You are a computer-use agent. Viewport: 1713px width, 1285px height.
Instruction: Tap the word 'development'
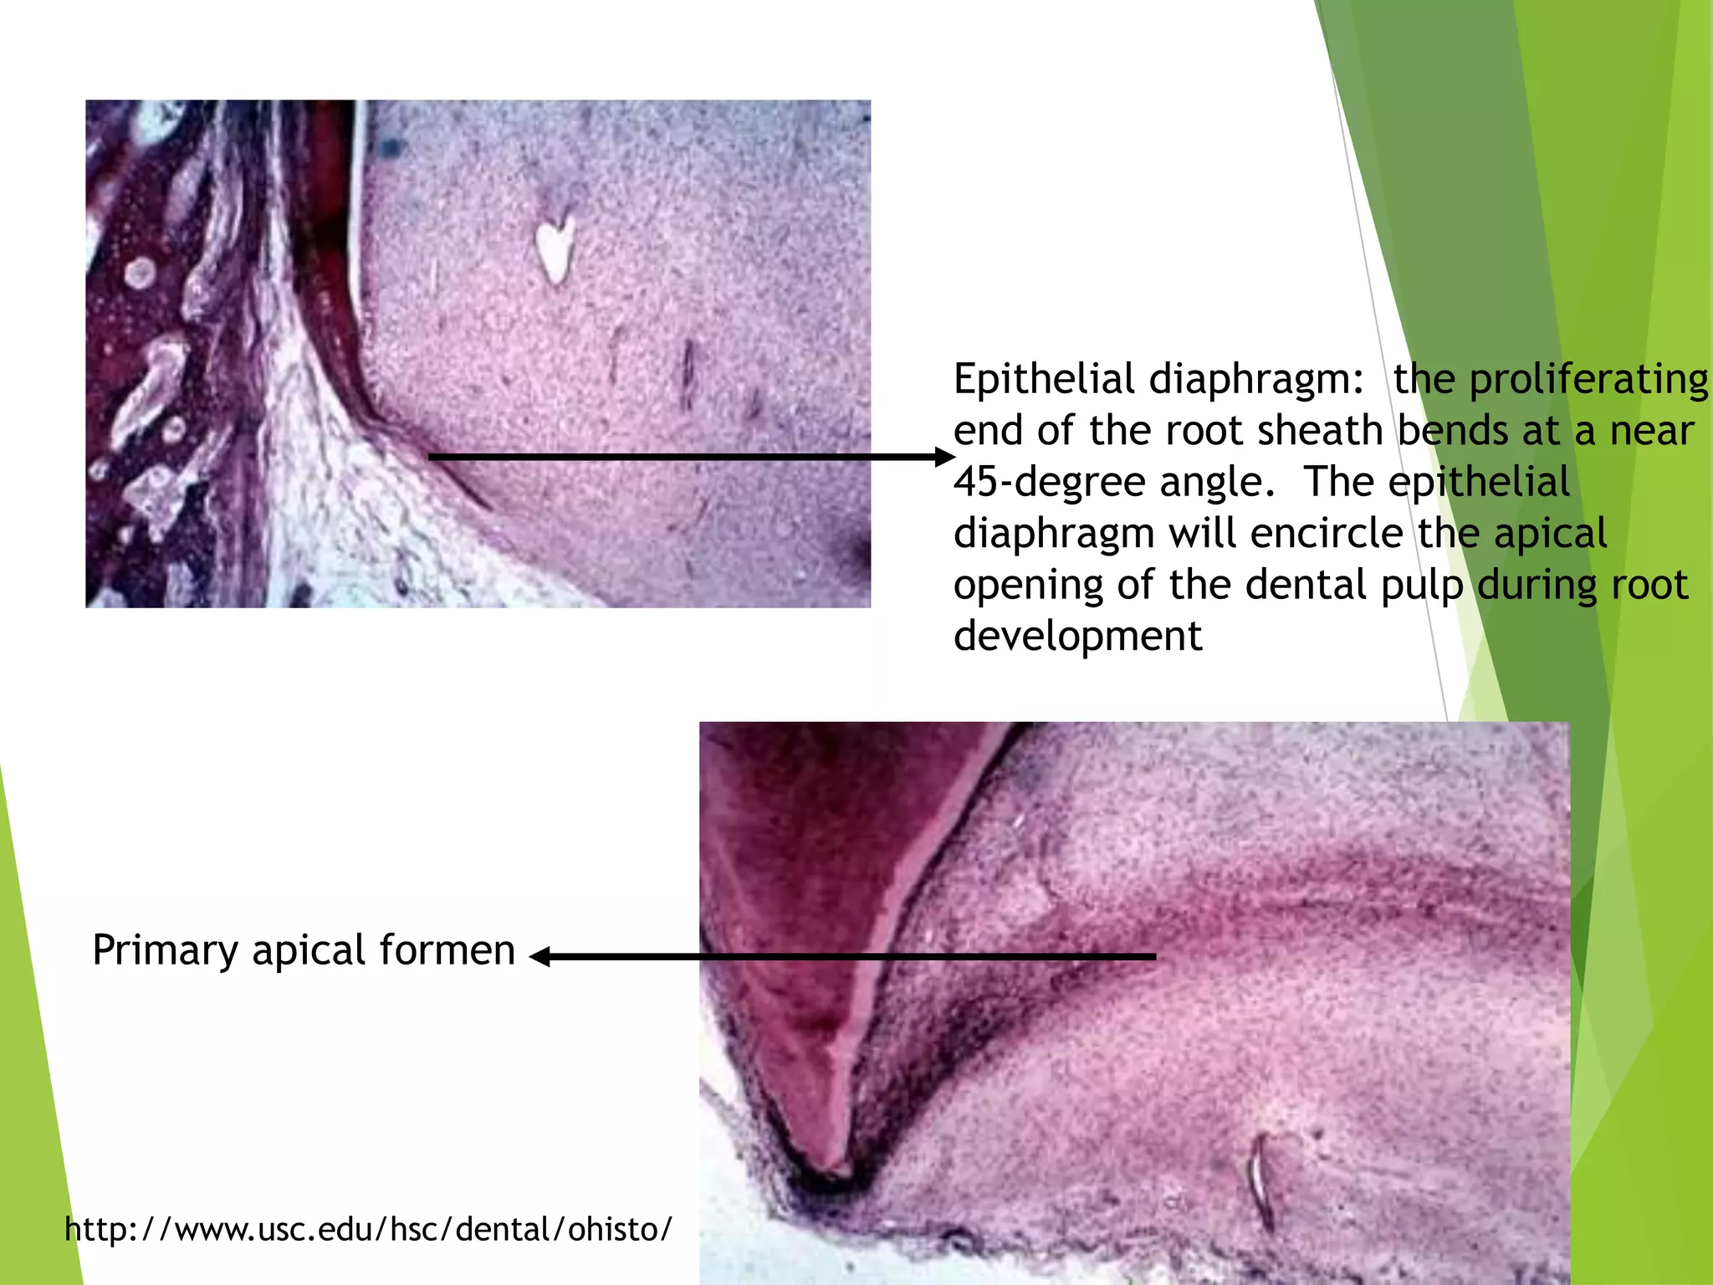[x=1077, y=637]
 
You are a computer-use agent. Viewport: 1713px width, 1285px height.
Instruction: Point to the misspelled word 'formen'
[x=447, y=951]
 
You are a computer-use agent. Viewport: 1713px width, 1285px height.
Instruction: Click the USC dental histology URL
[x=368, y=1229]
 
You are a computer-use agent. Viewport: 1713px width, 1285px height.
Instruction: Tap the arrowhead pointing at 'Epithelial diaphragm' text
[x=945, y=457]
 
